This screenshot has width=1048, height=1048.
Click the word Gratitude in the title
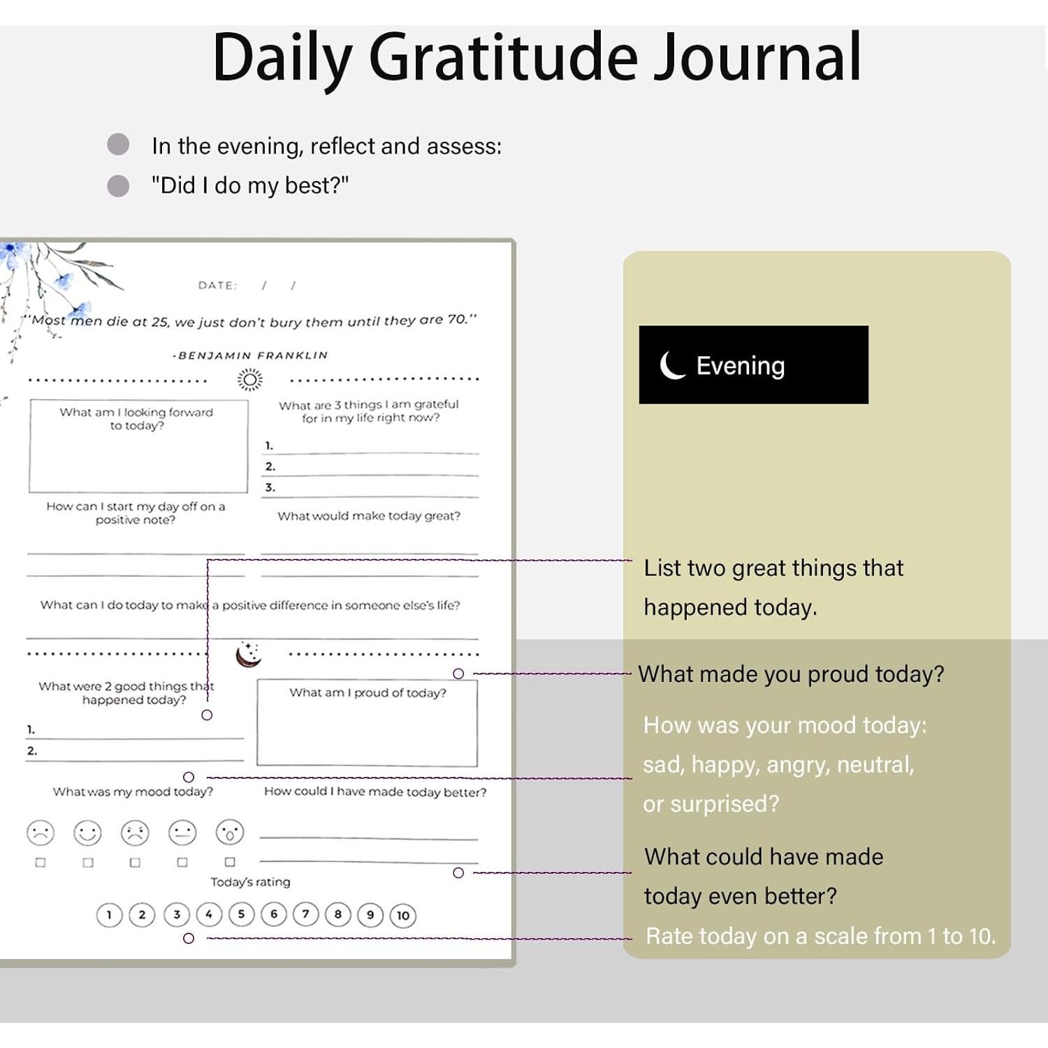pyautogui.click(x=503, y=57)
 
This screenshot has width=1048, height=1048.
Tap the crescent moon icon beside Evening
pyautogui.click(x=673, y=365)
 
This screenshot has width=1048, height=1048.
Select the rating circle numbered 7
pyautogui.click(x=305, y=914)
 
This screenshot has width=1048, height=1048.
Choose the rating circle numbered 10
pyautogui.click(x=403, y=915)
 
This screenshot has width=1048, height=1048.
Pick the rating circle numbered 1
pyautogui.click(x=109, y=915)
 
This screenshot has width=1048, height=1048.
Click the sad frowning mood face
pyautogui.click(x=41, y=833)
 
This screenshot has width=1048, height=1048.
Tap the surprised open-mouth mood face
pyautogui.click(x=230, y=832)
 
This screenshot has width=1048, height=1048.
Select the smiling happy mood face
pyautogui.click(x=87, y=833)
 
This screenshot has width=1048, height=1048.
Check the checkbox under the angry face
pyautogui.click(x=135, y=863)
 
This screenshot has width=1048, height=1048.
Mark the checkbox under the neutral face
pyautogui.click(x=182, y=863)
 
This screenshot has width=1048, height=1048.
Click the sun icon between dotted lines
pyautogui.click(x=249, y=379)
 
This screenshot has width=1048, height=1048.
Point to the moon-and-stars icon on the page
pyautogui.click(x=248, y=654)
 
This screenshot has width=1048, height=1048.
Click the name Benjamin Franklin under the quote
pyautogui.click(x=250, y=355)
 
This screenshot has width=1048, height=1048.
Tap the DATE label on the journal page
pyautogui.click(x=217, y=285)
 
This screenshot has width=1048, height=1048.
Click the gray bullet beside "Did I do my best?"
pyautogui.click(x=118, y=186)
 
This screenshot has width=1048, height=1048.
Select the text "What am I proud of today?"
pyautogui.click(x=367, y=692)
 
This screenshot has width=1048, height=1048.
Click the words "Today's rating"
pyautogui.click(x=250, y=882)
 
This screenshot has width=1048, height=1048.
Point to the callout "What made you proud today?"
pyautogui.click(x=791, y=674)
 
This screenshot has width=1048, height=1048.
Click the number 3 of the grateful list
pyautogui.click(x=270, y=487)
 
